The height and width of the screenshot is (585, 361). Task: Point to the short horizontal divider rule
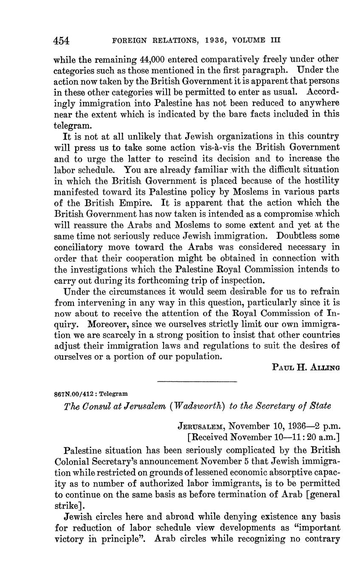(197, 381)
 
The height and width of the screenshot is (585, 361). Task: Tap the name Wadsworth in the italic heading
(199, 406)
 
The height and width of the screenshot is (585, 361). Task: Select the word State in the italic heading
(319, 406)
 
